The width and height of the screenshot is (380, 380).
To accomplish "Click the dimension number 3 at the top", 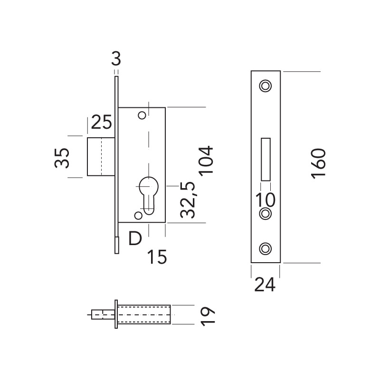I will coord(116,60).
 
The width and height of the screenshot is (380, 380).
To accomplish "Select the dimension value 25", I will coord(101,123).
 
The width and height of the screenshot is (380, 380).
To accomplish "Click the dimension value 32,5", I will coord(188,199).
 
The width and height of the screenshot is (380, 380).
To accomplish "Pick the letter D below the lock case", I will coord(135,238).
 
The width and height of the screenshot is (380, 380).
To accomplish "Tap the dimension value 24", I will coord(265,285).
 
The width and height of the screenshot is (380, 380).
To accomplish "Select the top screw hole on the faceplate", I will coord(265,85).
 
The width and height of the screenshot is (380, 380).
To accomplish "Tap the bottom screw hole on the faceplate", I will coord(265,247).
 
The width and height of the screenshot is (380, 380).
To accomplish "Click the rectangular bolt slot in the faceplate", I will coord(266,159).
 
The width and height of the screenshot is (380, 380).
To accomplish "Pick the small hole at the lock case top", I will coord(141,115).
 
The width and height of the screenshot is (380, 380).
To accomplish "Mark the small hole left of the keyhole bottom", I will coord(138,216).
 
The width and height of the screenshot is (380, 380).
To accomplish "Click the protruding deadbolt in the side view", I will coord(101,157).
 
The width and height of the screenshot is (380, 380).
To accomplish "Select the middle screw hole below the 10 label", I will coord(265,214).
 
